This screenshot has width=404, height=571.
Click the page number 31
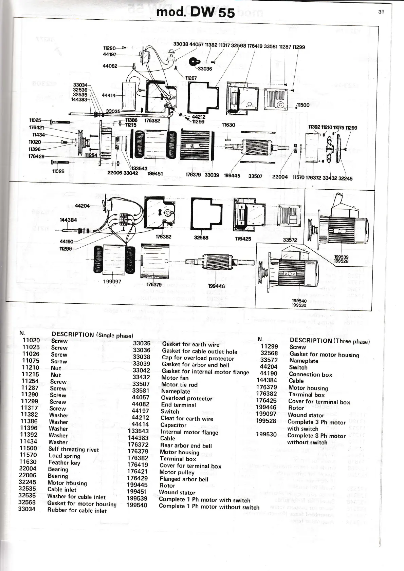coord(381,12)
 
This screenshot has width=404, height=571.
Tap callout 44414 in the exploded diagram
coord(109,96)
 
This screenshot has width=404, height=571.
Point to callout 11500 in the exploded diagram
coord(303,105)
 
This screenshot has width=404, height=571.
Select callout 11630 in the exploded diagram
coord(228,125)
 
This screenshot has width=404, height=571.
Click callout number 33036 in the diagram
coord(205,69)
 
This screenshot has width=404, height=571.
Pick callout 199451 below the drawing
coord(155,174)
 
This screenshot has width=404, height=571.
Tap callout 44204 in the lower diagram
coord(82,206)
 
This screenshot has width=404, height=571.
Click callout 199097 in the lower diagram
coord(112,281)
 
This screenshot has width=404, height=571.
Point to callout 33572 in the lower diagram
coord(290,240)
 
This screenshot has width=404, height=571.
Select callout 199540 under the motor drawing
coord(299,301)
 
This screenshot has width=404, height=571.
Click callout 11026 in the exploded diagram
coord(58,171)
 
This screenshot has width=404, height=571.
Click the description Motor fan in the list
coord(175,378)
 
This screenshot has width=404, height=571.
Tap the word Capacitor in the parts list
coord(173,425)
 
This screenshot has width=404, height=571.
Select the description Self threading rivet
coord(73,449)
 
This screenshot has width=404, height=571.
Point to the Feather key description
coord(64,462)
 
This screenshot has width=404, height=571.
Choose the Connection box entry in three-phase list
coord(310,375)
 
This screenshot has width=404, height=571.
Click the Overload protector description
coord(186,398)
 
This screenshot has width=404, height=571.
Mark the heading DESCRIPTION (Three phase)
coord(329,341)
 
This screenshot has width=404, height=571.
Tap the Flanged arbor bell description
coord(184,479)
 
